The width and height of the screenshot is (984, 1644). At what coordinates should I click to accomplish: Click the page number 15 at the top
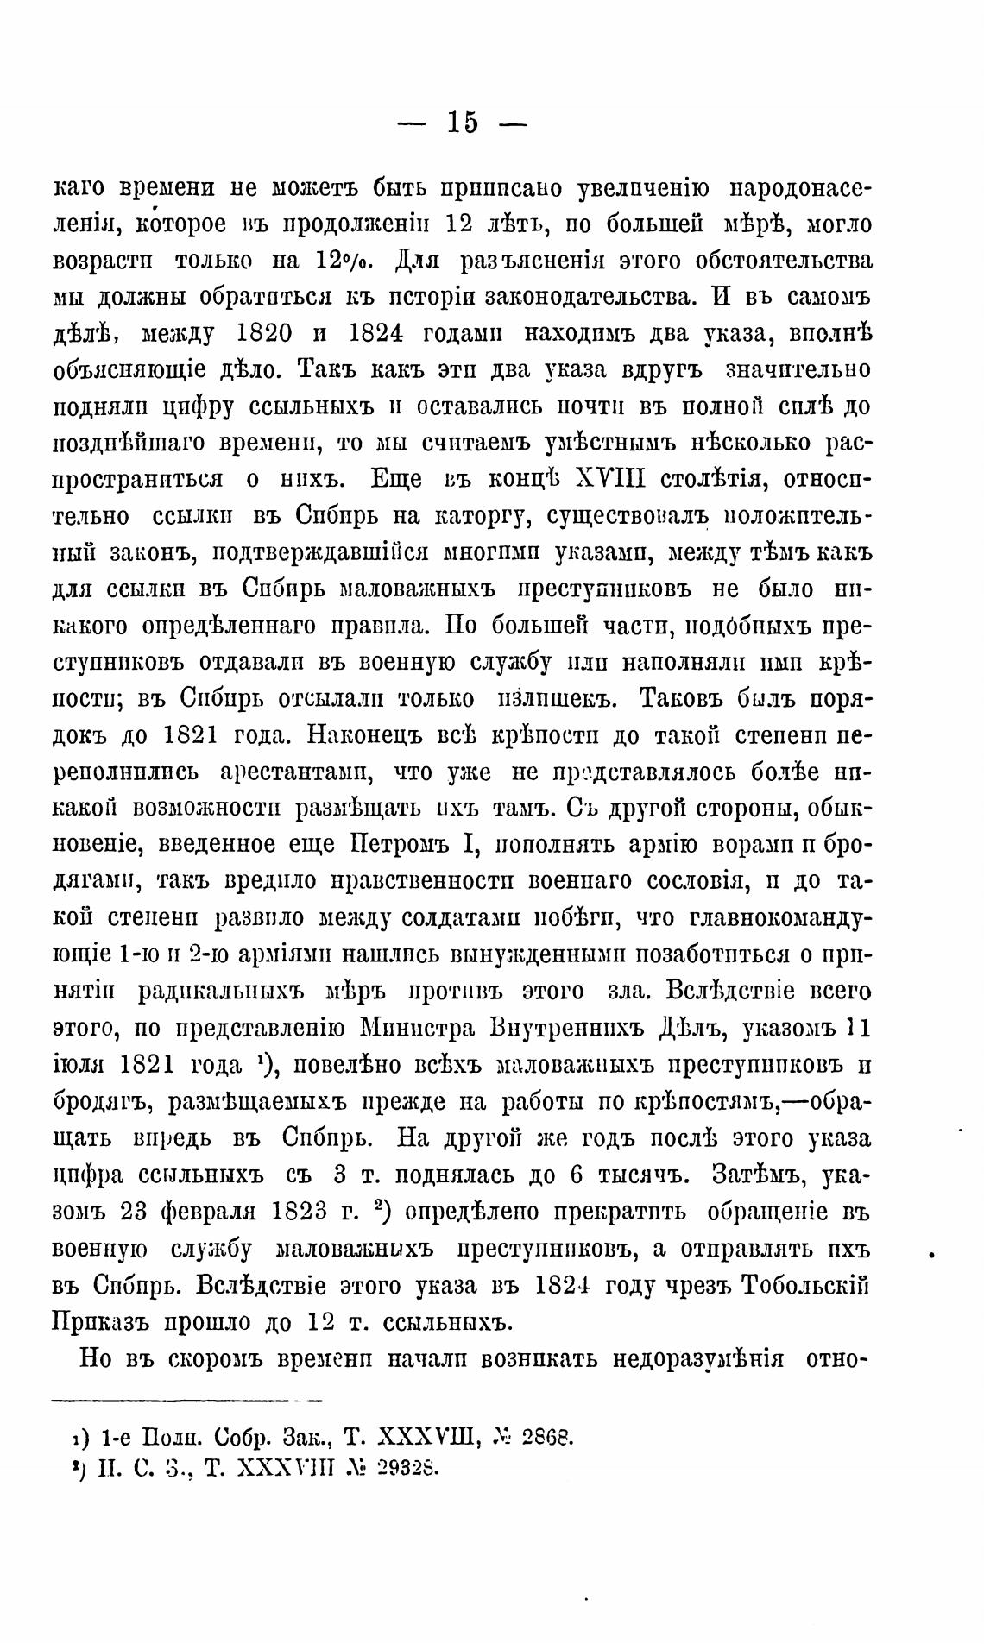[x=462, y=123]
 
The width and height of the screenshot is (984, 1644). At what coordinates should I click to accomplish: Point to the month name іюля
[x=79, y=1065]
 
